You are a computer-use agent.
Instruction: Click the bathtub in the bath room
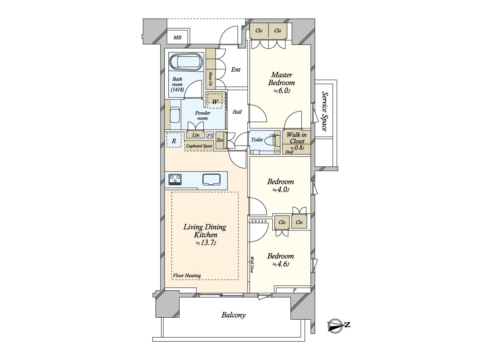tap(186, 63)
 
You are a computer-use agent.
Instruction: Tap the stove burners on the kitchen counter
tap(175, 179)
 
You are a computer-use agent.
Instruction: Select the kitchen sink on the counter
tap(212, 179)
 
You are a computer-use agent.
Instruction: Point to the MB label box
tap(177, 38)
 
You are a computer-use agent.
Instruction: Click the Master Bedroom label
tap(282, 79)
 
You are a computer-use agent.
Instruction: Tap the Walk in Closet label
tap(296, 138)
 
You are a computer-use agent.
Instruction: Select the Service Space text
tap(324, 111)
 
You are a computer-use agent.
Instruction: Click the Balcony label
tap(234, 315)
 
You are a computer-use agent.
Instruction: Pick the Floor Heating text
tap(187, 275)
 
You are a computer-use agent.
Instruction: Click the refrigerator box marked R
tap(174, 140)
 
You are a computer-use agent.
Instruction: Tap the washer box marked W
tap(216, 102)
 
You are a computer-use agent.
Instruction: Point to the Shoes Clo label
tap(210, 80)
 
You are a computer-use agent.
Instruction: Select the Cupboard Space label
tap(199, 146)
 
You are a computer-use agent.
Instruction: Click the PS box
tap(210, 136)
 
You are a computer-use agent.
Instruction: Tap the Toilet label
tap(257, 140)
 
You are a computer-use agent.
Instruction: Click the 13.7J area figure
tap(206, 243)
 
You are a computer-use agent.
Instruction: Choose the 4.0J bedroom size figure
tap(280, 190)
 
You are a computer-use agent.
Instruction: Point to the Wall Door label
tap(252, 265)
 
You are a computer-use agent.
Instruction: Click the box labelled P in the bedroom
tap(294, 290)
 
